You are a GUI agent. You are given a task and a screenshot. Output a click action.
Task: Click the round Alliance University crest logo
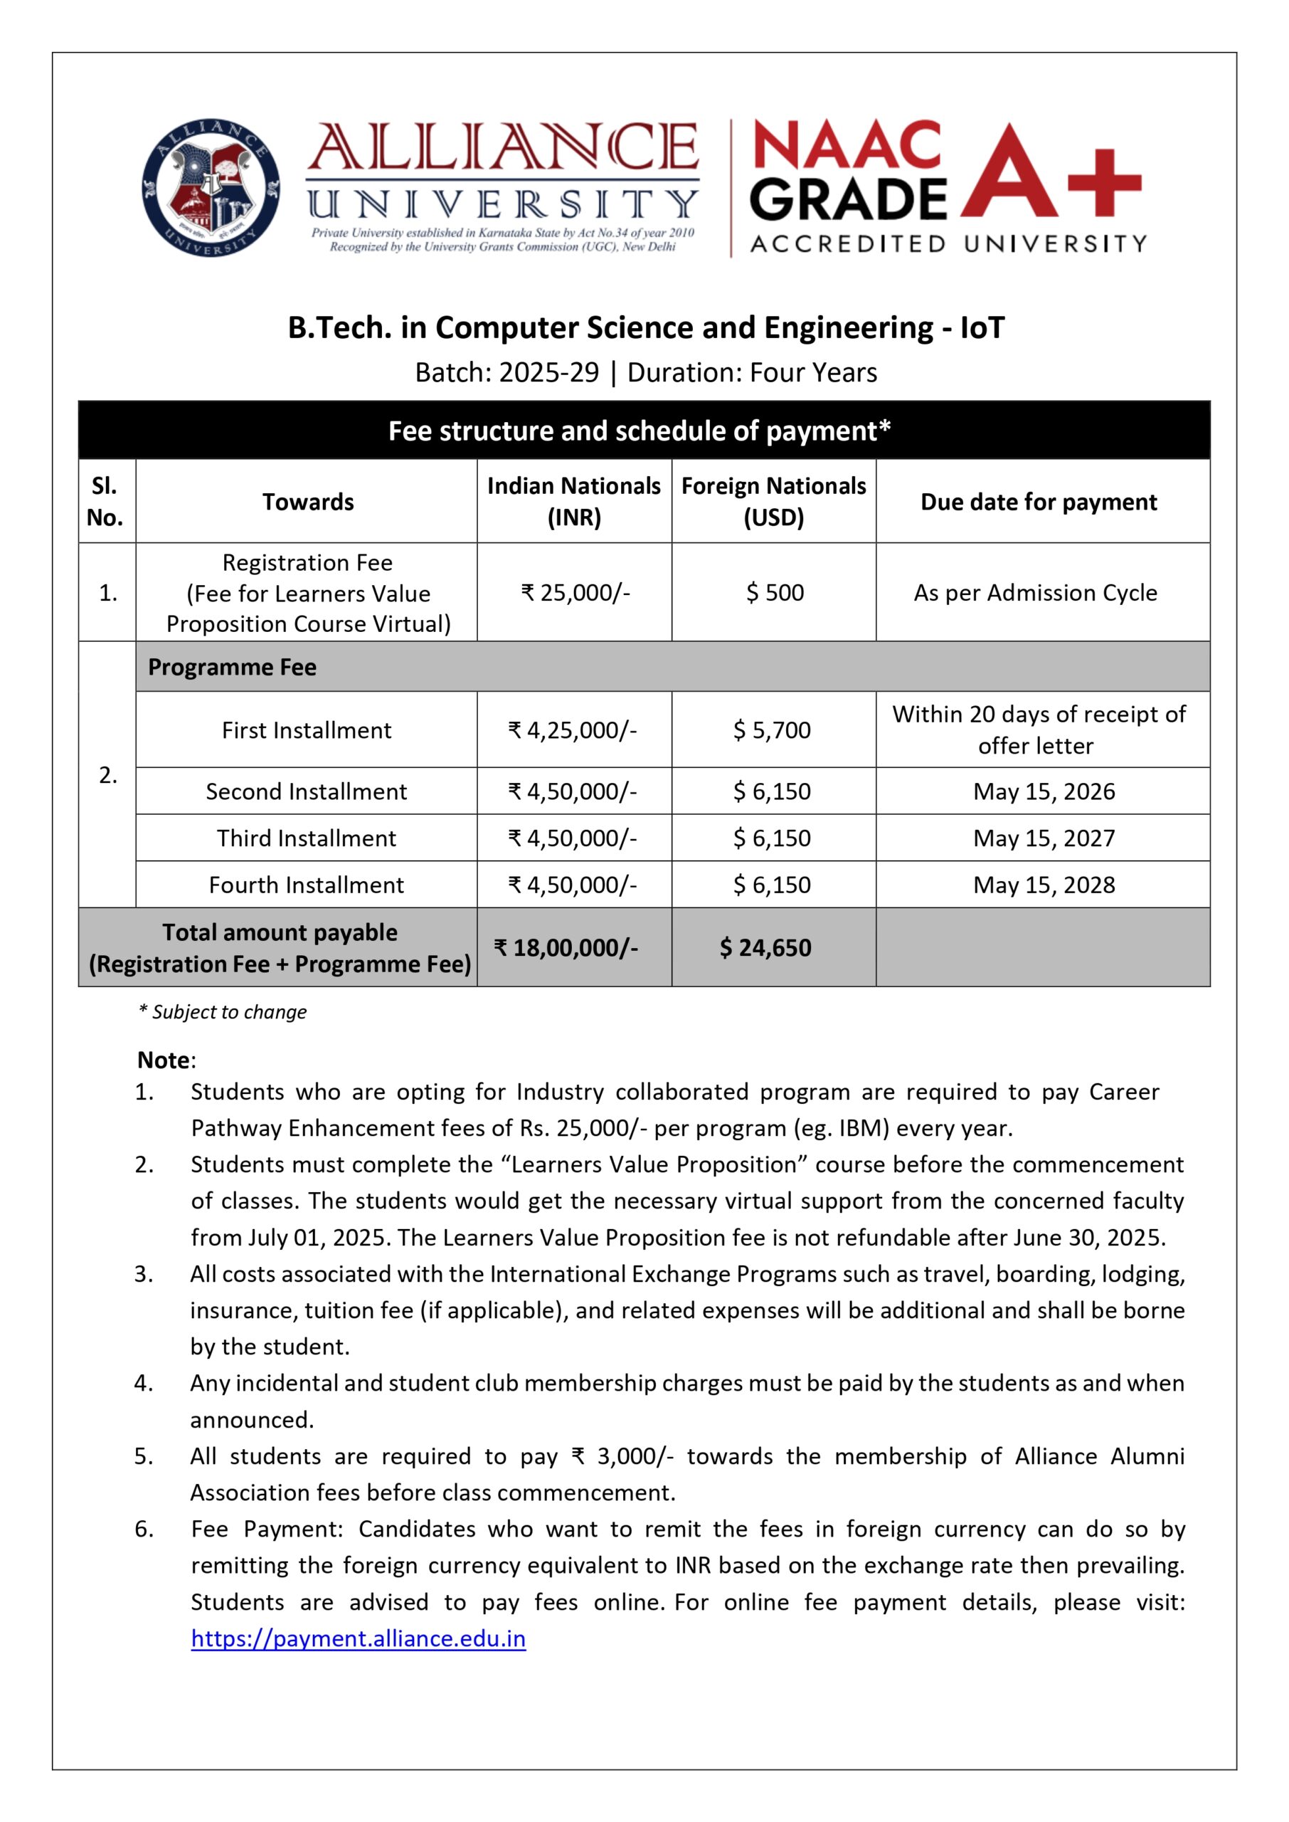point(211,188)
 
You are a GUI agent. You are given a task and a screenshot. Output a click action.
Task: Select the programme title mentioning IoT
point(645,328)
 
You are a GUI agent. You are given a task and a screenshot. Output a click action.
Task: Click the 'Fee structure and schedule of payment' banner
point(640,431)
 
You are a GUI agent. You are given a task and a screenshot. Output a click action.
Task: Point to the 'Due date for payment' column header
point(1038,502)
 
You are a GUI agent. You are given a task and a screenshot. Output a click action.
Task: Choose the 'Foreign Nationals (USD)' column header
point(773,502)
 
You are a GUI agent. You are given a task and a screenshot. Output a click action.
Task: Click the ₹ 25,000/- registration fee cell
point(575,592)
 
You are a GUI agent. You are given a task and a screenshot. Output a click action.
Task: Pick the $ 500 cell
point(775,592)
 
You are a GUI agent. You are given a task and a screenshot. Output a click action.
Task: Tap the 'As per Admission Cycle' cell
point(1035,592)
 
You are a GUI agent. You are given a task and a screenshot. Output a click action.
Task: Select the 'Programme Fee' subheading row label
point(232,667)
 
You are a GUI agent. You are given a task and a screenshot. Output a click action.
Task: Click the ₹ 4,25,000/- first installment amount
point(572,730)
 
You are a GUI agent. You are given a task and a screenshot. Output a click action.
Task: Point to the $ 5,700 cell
point(772,730)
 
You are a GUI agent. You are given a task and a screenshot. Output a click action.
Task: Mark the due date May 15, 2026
point(1044,791)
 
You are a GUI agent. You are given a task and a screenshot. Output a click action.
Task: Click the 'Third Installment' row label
point(307,838)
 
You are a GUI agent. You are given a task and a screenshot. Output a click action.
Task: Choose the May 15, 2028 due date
point(1044,885)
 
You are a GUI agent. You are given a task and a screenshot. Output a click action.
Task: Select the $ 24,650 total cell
point(765,947)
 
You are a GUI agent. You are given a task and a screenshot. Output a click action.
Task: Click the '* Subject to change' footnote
point(222,1011)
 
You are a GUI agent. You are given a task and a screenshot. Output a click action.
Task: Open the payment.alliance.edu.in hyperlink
point(358,1638)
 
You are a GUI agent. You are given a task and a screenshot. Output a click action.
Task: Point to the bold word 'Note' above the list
point(164,1060)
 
